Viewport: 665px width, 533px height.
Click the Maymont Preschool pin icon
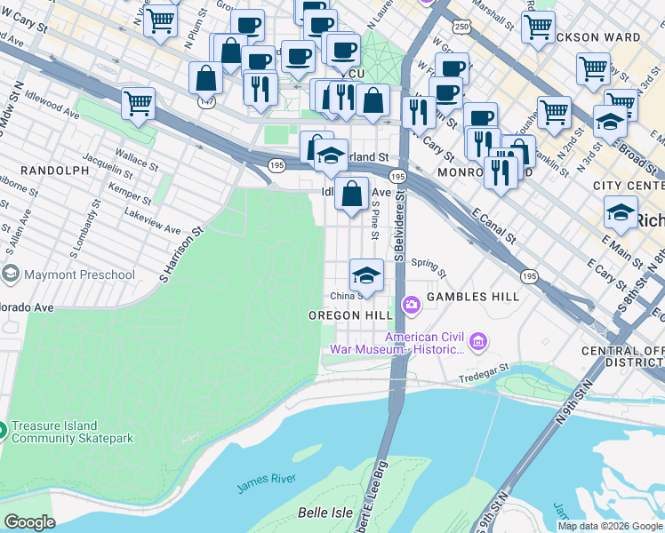pyautogui.click(x=12, y=274)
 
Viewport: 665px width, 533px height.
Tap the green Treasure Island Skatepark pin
pyautogui.click(x=3, y=432)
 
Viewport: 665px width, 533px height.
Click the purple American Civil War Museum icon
pyautogui.click(x=479, y=341)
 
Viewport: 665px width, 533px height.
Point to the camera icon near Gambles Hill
pyautogui.click(x=411, y=306)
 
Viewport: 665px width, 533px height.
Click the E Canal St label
pyautogui.click(x=495, y=227)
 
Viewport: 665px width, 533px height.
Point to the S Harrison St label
pyautogui.click(x=182, y=253)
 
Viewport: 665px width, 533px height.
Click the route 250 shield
pyautogui.click(x=461, y=28)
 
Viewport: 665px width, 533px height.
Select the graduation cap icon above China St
pyautogui.click(x=365, y=274)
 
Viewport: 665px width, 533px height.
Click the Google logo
pyautogui.click(x=29, y=522)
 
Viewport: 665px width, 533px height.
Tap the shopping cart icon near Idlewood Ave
pyautogui.click(x=139, y=102)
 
